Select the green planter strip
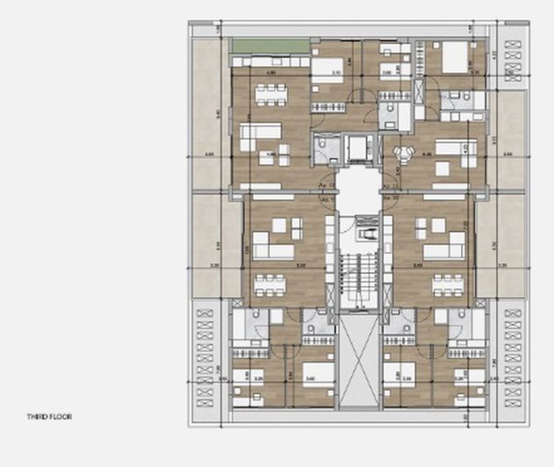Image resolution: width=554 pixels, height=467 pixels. tap(270, 46)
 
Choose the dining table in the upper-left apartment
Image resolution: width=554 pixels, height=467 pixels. tap(267, 93)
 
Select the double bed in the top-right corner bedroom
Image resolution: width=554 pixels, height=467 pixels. tap(455, 58)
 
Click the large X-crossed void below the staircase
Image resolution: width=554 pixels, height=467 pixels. tap(358, 360)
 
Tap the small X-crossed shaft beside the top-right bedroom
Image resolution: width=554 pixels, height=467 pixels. tap(420, 90)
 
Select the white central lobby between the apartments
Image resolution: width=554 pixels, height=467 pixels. tap(358, 193)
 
